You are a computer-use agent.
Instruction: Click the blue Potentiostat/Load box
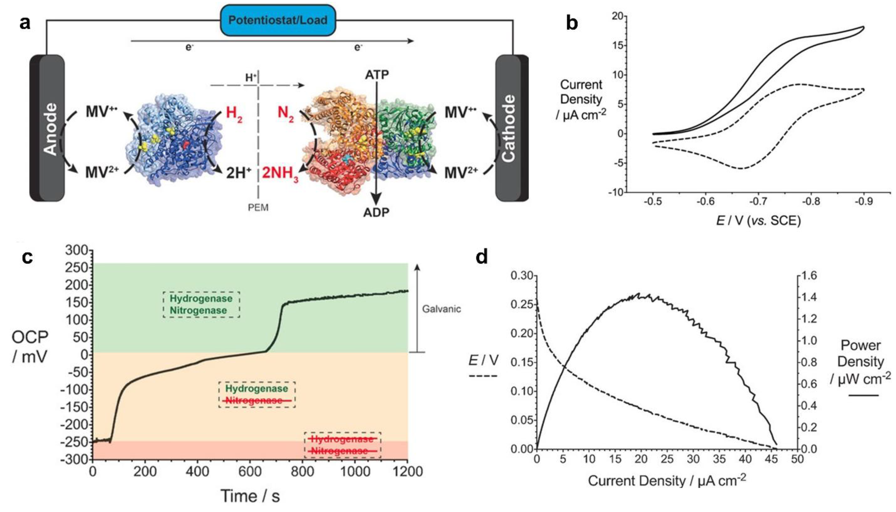(x=278, y=20)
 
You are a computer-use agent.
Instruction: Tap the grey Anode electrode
(x=48, y=128)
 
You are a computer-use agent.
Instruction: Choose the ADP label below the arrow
(x=376, y=212)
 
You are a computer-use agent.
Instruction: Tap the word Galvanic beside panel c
(x=441, y=309)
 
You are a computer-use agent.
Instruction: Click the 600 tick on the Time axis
(x=250, y=471)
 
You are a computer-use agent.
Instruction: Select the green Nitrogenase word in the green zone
(x=198, y=311)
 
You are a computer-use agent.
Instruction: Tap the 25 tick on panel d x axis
(x=667, y=459)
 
